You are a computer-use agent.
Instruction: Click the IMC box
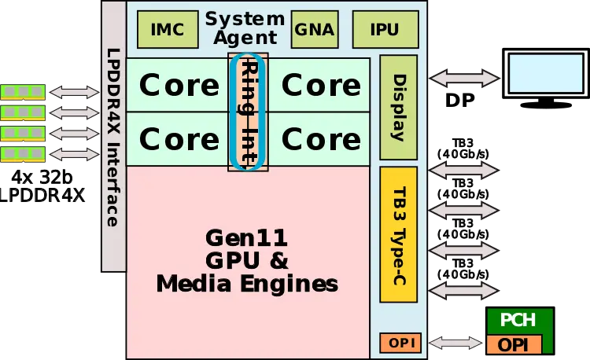point(168,30)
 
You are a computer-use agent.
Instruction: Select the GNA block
point(315,30)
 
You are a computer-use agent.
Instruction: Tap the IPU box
point(384,30)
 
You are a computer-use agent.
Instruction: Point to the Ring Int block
point(249,112)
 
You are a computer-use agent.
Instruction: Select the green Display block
point(398,107)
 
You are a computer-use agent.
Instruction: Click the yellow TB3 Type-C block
point(398,234)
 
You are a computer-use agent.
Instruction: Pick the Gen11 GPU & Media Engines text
point(247,260)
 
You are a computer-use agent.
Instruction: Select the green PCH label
point(518,321)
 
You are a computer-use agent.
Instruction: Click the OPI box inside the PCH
point(514,344)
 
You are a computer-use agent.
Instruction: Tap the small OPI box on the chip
point(401,343)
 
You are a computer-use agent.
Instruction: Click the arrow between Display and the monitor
point(464,78)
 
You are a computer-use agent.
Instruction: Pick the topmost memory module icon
point(23,92)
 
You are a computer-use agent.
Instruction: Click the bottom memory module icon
point(23,153)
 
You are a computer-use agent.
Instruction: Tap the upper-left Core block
point(179,85)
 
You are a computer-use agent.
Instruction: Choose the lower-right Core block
point(321,139)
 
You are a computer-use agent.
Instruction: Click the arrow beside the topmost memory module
point(75,93)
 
